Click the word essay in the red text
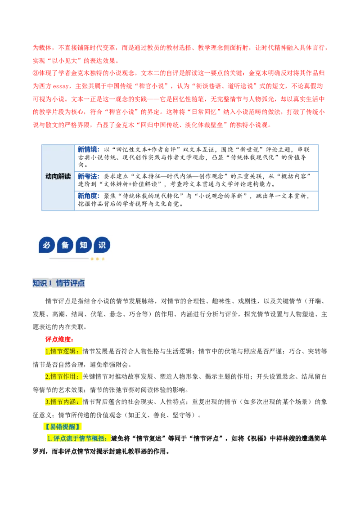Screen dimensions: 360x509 tap(60, 86)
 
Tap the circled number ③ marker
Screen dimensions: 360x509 tap(36, 73)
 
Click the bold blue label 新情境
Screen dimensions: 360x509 tap(89, 150)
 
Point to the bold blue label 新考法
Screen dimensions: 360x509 tap(89, 177)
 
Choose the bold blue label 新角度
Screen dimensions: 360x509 tap(89, 196)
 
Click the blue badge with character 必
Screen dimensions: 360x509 tap(46, 245)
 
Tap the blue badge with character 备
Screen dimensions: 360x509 tap(65, 245)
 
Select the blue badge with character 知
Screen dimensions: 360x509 tap(84, 245)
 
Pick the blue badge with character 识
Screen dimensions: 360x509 tap(102, 245)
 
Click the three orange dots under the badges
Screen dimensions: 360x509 tap(98, 259)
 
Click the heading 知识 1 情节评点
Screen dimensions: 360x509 tap(58, 283)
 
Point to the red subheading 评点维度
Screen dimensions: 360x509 tap(59, 339)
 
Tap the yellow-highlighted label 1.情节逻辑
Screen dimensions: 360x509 tap(63, 352)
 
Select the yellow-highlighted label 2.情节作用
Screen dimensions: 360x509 tap(63, 377)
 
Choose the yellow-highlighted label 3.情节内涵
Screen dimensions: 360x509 tap(63, 402)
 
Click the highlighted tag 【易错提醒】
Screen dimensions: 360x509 tap(62, 427)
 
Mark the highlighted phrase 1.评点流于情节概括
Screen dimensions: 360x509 tap(78, 438)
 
